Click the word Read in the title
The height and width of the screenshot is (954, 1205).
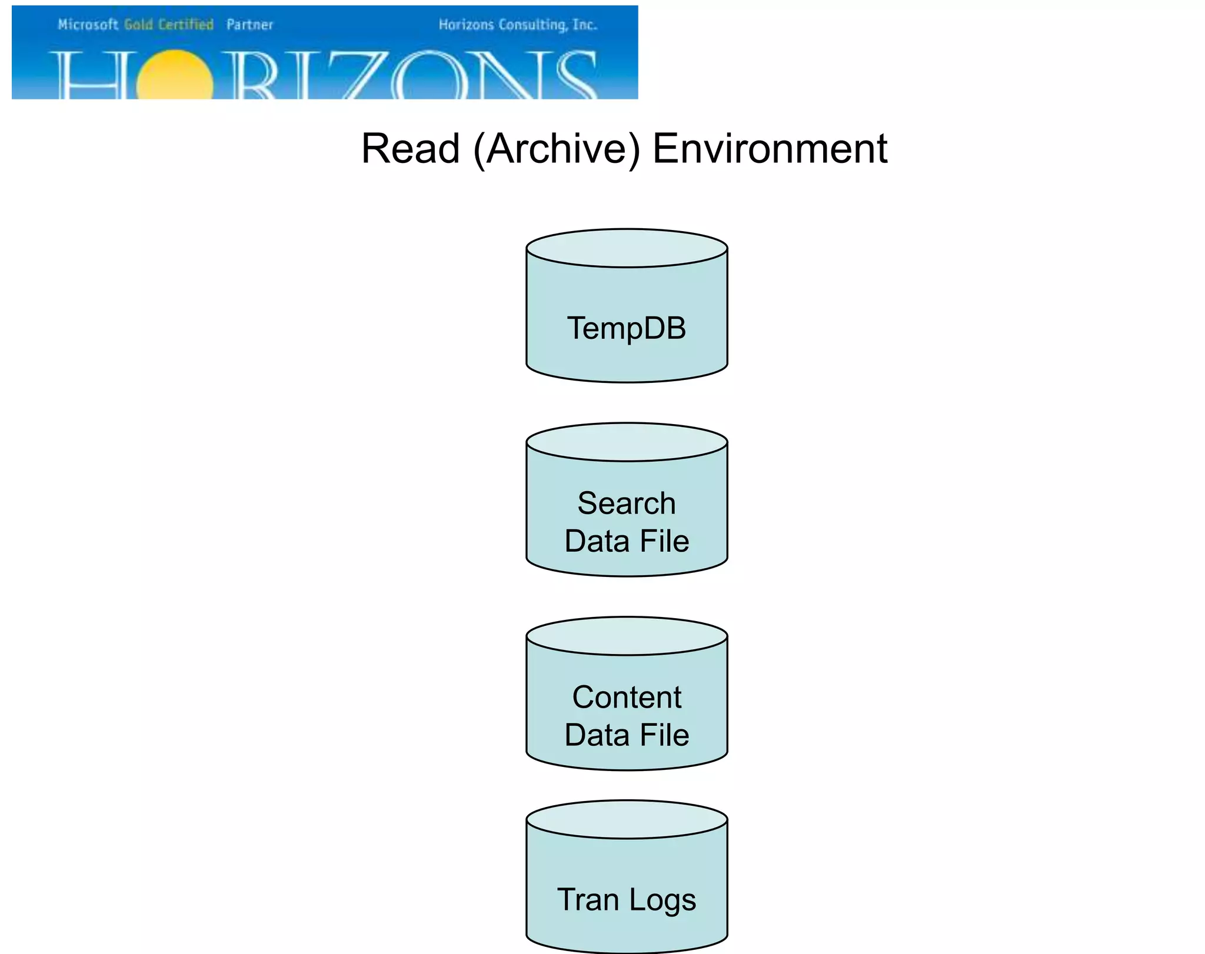pos(410,149)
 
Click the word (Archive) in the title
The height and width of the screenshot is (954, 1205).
pos(556,149)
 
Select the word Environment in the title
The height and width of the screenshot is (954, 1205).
pos(770,149)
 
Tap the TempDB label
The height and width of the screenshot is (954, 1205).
pos(627,328)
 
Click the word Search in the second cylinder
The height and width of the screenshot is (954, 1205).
pos(627,503)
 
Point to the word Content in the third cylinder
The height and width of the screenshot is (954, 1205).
pos(627,698)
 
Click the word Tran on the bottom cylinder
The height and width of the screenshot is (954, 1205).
pos(588,900)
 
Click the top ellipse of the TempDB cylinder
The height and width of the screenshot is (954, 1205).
pos(627,248)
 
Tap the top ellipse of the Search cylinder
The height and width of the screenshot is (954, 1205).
pos(627,442)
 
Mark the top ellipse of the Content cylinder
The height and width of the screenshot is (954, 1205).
pos(627,636)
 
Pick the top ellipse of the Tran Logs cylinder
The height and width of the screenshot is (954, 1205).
pos(627,819)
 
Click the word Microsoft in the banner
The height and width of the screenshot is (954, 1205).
pos(88,25)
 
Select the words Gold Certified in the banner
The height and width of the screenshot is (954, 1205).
pos(169,25)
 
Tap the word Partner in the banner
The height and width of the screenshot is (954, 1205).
pos(249,25)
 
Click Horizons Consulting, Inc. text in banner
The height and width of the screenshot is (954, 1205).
pos(518,25)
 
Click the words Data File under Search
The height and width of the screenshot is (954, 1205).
pos(627,541)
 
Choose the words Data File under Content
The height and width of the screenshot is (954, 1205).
pos(627,735)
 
